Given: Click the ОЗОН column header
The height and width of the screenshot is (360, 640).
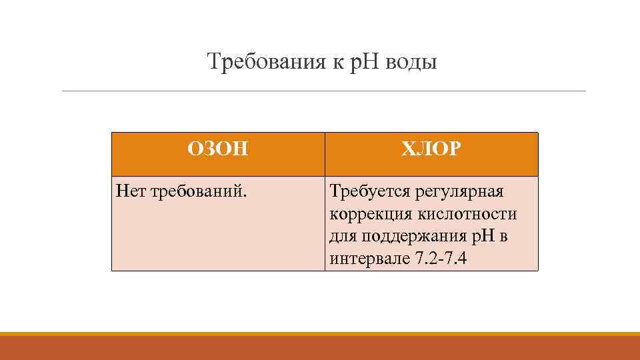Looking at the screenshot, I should point(218,149).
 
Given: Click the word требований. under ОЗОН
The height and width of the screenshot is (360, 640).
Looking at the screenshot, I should point(199,193).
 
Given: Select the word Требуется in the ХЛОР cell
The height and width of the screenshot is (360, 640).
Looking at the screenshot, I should point(369,192).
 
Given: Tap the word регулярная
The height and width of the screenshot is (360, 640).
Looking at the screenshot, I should point(459,192).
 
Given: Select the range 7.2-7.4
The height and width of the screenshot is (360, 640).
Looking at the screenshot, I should point(441,259).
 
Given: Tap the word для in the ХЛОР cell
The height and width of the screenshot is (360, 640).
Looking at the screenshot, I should point(343,237).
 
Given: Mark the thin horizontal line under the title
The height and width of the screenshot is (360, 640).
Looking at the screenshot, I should point(324,91).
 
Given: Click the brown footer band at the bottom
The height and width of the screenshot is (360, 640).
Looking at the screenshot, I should point(320,348).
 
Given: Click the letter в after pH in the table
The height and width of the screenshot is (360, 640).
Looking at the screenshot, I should point(503,237).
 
